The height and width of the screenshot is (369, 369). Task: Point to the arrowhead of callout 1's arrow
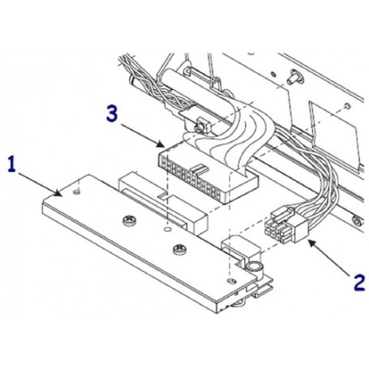tap(60, 195)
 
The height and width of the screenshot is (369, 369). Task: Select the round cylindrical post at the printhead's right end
tap(254, 267)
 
